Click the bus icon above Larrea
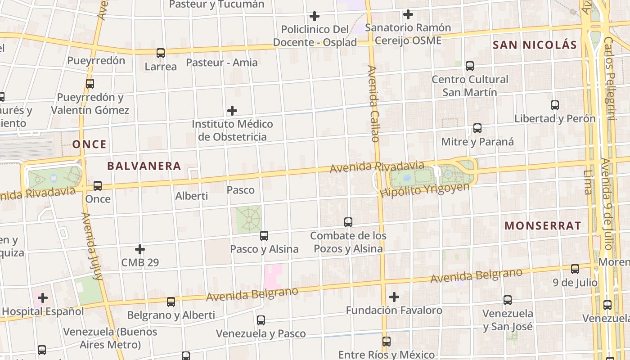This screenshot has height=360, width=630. click(161, 53)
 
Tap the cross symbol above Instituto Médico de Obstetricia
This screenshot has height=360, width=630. click(232, 110)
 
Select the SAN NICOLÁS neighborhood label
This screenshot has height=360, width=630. click(535, 45)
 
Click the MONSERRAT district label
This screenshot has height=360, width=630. click(543, 226)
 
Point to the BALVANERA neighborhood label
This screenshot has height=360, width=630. click(144, 166)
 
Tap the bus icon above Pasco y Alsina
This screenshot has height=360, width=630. click(264, 235)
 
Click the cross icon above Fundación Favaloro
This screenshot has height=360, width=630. click(394, 297)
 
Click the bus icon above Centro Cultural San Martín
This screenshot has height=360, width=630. click(470, 66)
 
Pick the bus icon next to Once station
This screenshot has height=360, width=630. click(98, 185)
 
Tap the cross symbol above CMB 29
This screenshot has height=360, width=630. click(140, 249)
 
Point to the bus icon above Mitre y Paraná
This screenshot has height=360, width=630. click(477, 128)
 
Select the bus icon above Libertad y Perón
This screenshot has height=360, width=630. click(555, 105)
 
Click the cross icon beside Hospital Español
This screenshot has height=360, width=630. click(43, 297)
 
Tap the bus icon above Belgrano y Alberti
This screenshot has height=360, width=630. click(171, 301)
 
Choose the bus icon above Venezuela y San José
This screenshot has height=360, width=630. click(508, 300)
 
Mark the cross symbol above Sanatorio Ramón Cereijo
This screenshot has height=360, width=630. click(408, 14)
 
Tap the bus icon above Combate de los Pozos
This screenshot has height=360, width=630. click(348, 222)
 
